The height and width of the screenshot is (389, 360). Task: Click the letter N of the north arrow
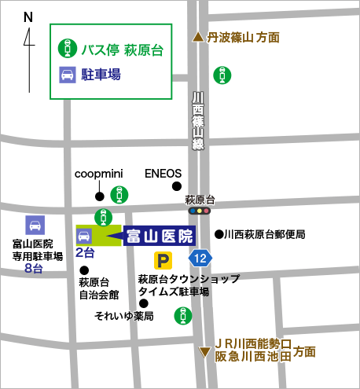[x=29, y=17]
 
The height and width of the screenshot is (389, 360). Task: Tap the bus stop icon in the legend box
[x=67, y=49]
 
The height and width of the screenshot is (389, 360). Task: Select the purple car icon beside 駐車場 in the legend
[x=67, y=75]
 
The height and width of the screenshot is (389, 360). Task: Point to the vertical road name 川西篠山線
[x=198, y=122]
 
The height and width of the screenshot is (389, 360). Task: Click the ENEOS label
[x=163, y=174]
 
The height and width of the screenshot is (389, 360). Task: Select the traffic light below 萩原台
[x=200, y=211]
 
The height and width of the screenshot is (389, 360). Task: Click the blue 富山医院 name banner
[x=159, y=236]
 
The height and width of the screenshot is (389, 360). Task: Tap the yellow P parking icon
[x=163, y=260]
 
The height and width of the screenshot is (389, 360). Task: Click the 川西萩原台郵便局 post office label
[x=263, y=234]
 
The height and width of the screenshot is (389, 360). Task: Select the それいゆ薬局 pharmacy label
[x=123, y=316]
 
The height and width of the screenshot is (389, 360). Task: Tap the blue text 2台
[x=85, y=253]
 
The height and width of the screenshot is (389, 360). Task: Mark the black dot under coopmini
[x=100, y=196]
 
